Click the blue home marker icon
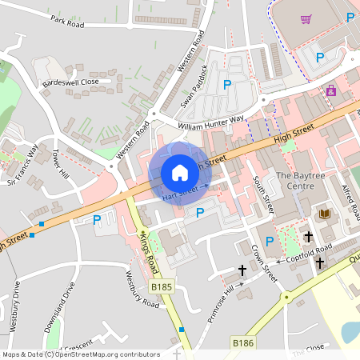pos(179,173)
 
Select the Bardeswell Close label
pos(71,81)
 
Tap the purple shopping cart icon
pos(306,19)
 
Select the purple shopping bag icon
pos(330,90)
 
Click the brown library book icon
pos(324,214)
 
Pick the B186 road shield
pos(242,342)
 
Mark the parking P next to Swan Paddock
pos(227,84)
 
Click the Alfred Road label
pos(350,198)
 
